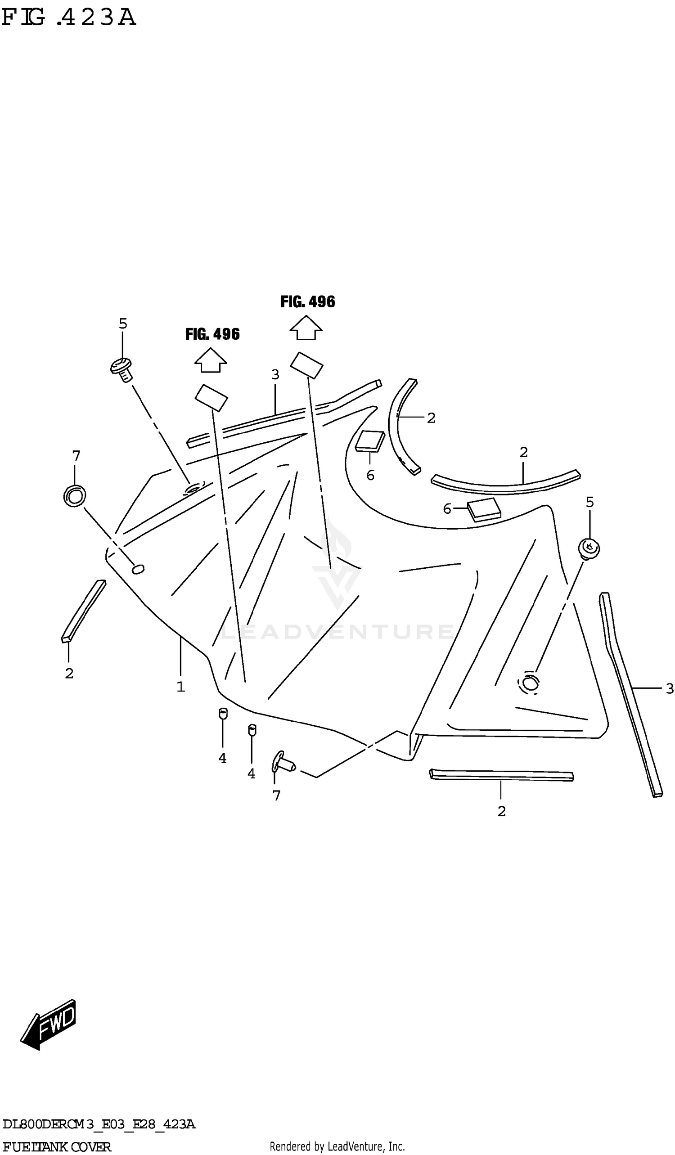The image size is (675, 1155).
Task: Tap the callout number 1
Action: (180, 687)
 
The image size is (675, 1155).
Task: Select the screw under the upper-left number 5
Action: (122, 369)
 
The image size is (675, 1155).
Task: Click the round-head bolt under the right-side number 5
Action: (589, 548)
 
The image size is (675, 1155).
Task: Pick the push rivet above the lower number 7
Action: (283, 763)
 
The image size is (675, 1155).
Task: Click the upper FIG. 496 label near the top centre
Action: (307, 301)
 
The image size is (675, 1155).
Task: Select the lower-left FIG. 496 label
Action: (212, 334)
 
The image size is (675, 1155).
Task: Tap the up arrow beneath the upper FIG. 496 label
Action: (306, 328)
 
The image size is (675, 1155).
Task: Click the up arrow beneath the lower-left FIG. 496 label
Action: (210, 360)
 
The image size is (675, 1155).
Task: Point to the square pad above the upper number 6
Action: (370, 441)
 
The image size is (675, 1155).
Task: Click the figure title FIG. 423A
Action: (69, 18)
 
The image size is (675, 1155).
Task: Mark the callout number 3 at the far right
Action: (669, 688)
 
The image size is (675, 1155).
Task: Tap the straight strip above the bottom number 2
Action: (501, 775)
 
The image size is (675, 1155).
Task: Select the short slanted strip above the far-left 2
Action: (83, 611)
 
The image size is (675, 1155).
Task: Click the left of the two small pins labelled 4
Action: (223, 714)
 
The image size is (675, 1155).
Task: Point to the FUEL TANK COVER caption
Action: (56, 1147)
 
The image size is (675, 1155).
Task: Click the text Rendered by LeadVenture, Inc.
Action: (337, 1147)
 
